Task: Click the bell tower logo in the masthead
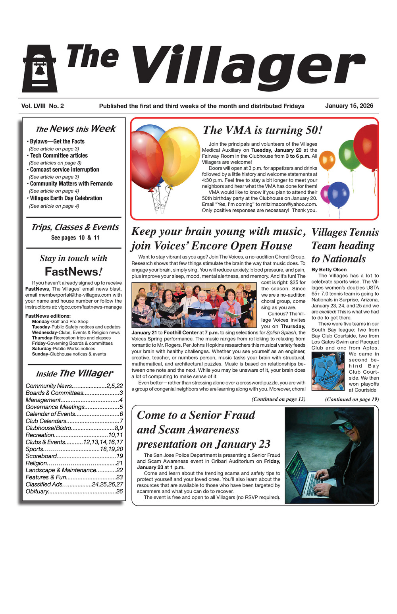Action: [x=40, y=69]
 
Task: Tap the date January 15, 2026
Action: [x=349, y=106]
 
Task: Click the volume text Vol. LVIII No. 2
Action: [x=42, y=106]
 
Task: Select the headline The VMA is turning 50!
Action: [x=262, y=130]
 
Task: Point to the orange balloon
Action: [x=327, y=160]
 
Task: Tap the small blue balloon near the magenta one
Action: [x=339, y=194]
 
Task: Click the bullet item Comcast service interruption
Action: [x=64, y=170]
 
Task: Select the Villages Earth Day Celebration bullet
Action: [x=66, y=198]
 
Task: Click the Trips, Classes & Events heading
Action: [x=75, y=227]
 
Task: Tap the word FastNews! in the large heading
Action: [x=74, y=272]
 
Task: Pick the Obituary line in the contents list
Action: [x=74, y=491]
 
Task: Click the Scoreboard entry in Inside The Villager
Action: [x=74, y=456]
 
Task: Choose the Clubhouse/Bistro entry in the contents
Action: [x=74, y=428]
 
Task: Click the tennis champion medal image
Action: [x=328, y=371]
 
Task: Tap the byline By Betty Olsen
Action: [x=329, y=270]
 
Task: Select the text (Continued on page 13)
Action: [x=278, y=399]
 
